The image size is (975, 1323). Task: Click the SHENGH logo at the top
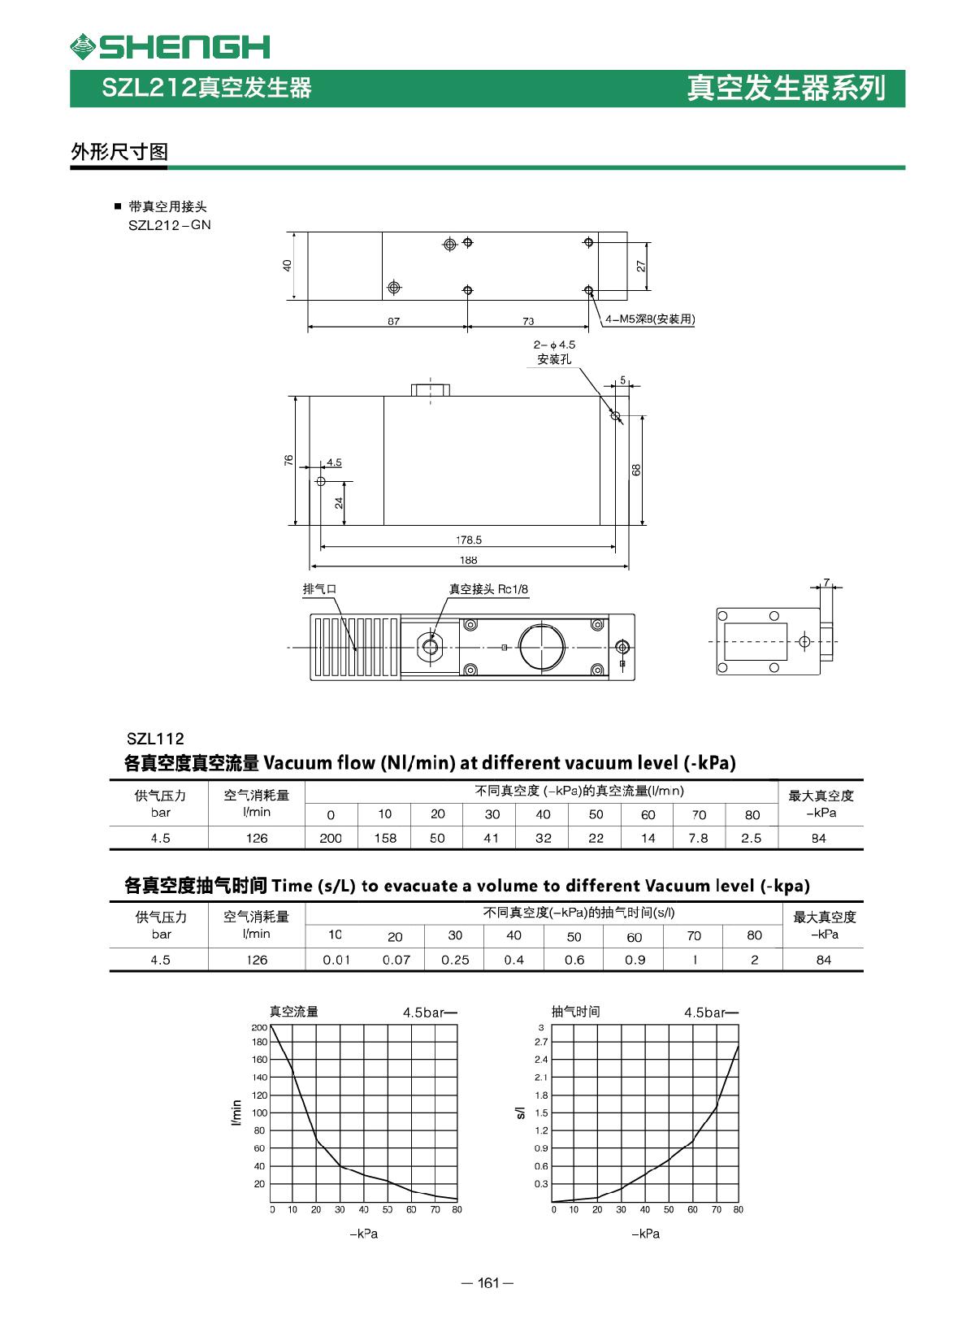(170, 46)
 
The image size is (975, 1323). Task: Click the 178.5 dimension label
(468, 540)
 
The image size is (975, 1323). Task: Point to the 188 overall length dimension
(468, 560)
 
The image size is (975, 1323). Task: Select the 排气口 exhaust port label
(319, 589)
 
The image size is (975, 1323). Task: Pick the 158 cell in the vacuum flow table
(385, 838)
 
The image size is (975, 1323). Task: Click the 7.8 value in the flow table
(698, 838)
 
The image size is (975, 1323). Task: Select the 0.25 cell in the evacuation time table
(455, 960)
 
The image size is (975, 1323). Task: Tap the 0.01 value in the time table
(336, 960)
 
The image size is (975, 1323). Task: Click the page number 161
(487, 1283)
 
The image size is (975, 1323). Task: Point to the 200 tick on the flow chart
(259, 1028)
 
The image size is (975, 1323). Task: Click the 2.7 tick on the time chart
(541, 1042)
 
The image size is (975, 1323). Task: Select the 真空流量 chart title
(294, 1012)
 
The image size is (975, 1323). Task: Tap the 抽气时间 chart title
(575, 1012)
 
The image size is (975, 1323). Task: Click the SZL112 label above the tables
(155, 739)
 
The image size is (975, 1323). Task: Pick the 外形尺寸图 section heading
(119, 151)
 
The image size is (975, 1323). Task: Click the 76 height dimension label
(288, 460)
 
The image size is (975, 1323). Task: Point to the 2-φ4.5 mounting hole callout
(554, 350)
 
